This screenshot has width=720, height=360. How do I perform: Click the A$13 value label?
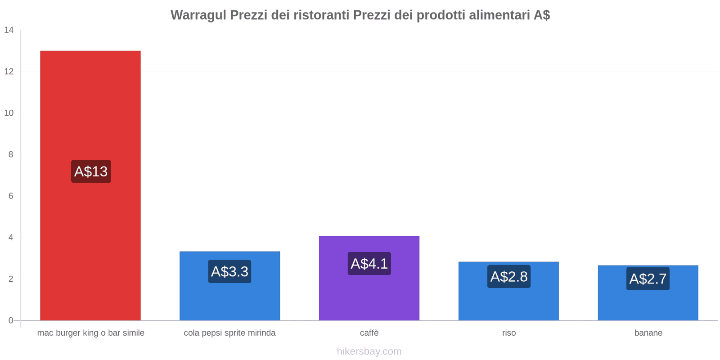pyautogui.click(x=91, y=171)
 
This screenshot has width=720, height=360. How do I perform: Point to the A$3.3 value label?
pyautogui.click(x=229, y=272)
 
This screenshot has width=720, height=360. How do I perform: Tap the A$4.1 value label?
pyautogui.click(x=369, y=264)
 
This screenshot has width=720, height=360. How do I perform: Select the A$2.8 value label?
pyautogui.click(x=508, y=277)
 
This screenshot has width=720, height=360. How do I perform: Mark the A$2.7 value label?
pyautogui.click(x=648, y=279)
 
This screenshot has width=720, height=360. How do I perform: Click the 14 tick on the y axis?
pyautogui.click(x=9, y=30)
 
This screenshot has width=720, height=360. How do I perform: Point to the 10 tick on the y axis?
pyautogui.click(x=9, y=113)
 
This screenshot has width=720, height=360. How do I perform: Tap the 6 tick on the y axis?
pyautogui.click(x=11, y=196)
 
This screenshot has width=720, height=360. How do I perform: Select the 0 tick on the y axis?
pyautogui.click(x=11, y=320)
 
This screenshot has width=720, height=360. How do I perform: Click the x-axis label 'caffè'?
pyautogui.click(x=369, y=333)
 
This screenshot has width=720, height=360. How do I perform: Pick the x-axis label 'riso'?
pyautogui.click(x=509, y=333)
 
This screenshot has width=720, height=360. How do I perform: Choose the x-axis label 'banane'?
pyautogui.click(x=648, y=333)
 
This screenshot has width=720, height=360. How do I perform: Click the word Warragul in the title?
pyautogui.click(x=198, y=15)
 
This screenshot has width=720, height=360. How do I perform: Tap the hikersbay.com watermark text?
pyautogui.click(x=369, y=351)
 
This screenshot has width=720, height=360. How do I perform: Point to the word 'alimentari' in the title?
pyautogui.click(x=499, y=15)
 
